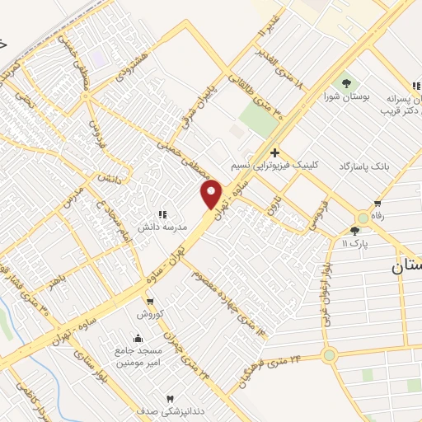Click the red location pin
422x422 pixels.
click(212, 195)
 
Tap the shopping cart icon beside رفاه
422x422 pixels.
click(377, 204)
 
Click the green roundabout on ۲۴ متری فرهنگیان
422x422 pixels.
click(329, 356)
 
